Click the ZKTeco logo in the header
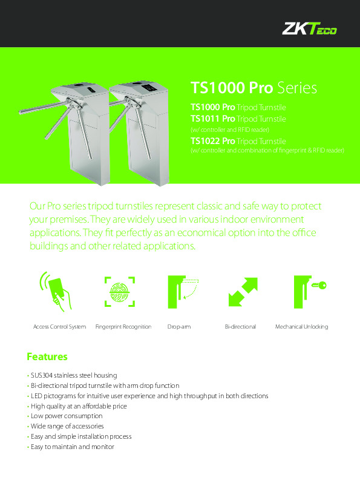(310, 28)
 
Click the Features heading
(47, 356)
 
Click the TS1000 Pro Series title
(254, 88)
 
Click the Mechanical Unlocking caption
(301, 327)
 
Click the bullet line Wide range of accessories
(70, 427)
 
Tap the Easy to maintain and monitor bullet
(72, 447)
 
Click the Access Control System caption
(59, 327)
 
